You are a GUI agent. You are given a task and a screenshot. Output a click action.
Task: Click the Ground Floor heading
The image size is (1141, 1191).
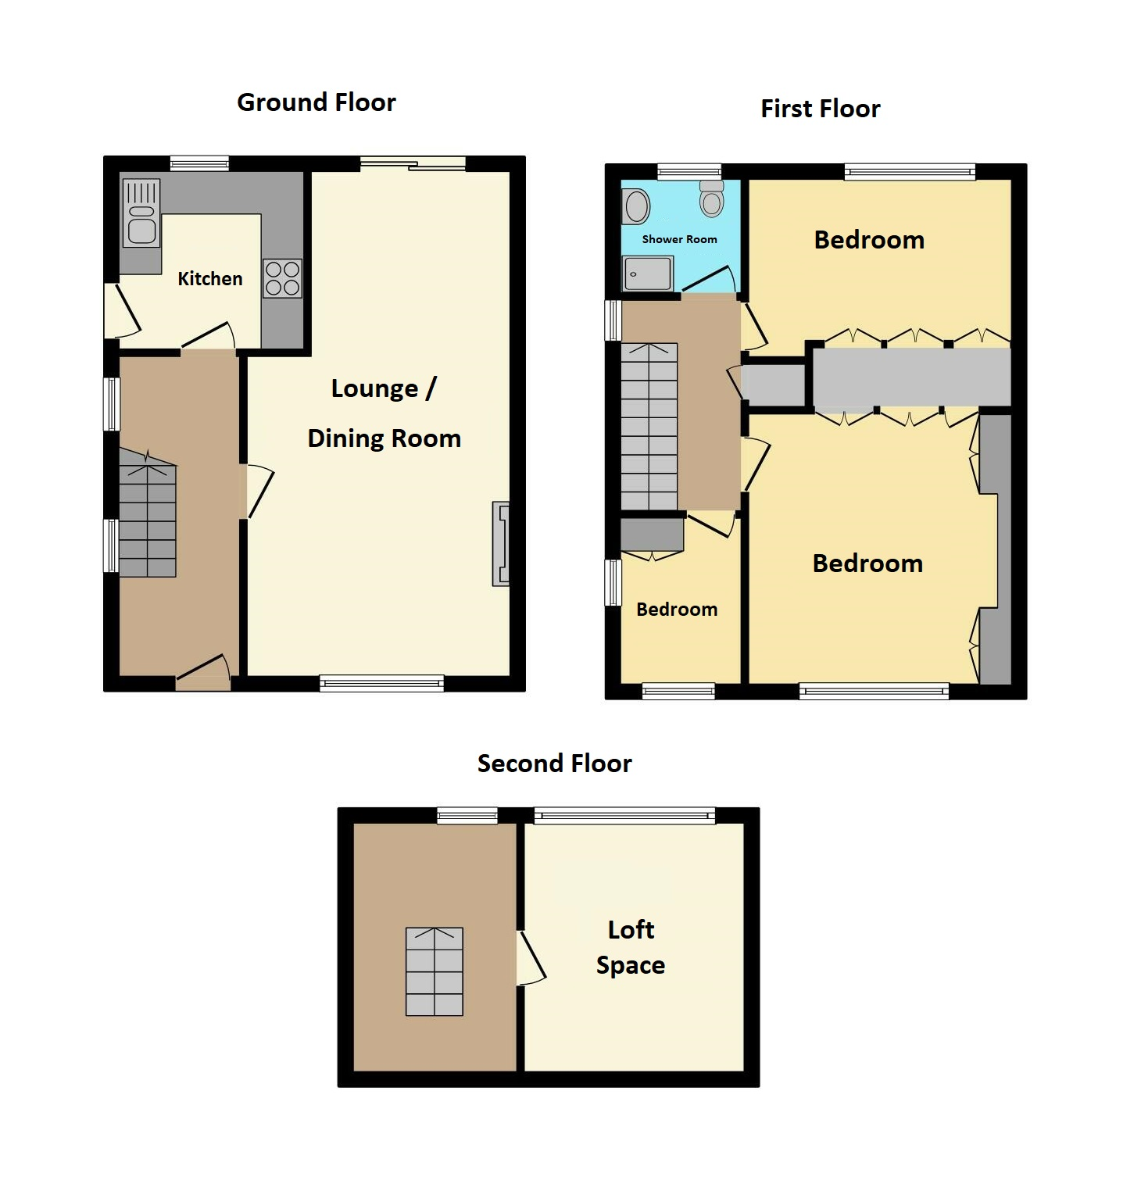(316, 102)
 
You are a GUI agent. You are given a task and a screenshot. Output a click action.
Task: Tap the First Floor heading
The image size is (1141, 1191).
(820, 109)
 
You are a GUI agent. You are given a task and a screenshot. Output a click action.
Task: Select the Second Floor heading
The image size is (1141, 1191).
(554, 764)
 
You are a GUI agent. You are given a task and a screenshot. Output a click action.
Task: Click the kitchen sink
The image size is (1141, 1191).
(141, 213)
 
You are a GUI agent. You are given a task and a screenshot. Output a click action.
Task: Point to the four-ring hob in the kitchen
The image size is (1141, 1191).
(282, 278)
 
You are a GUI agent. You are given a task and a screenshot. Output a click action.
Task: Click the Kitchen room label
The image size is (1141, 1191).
(209, 279)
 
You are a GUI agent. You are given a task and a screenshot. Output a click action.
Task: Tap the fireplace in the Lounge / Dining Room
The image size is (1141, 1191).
(501, 544)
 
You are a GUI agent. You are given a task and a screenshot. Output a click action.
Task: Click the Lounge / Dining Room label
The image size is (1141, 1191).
(384, 413)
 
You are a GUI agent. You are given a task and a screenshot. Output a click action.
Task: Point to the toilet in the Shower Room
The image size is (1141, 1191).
(711, 199)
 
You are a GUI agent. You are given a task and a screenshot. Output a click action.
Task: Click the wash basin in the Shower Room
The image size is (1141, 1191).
(638, 207)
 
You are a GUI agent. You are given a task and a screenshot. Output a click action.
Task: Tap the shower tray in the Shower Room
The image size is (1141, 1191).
(647, 274)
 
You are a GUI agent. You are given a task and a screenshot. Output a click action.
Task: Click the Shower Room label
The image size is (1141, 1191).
(679, 239)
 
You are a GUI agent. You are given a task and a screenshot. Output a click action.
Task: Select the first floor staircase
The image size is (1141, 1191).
(649, 427)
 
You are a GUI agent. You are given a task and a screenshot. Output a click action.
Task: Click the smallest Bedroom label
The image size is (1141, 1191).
(677, 610)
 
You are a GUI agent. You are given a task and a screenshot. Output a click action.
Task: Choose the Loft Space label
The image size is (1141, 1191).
(631, 947)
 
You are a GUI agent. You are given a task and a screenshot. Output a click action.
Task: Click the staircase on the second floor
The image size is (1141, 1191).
(435, 971)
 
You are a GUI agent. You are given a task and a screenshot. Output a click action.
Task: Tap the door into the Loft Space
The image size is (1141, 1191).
(531, 957)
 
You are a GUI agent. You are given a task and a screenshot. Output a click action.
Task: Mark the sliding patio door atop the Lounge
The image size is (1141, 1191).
(413, 163)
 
